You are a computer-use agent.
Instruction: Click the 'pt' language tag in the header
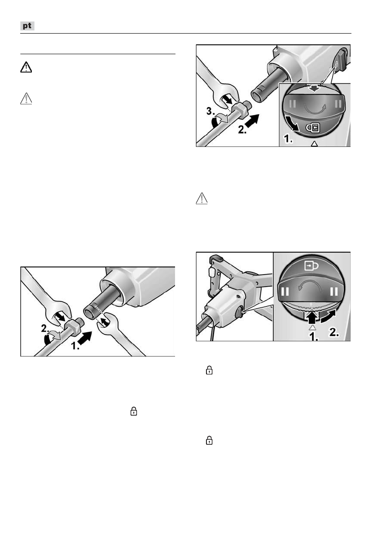pos(28,26)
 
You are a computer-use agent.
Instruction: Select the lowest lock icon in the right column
pos(209,441)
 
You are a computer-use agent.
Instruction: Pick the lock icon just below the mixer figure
pos(209,370)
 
